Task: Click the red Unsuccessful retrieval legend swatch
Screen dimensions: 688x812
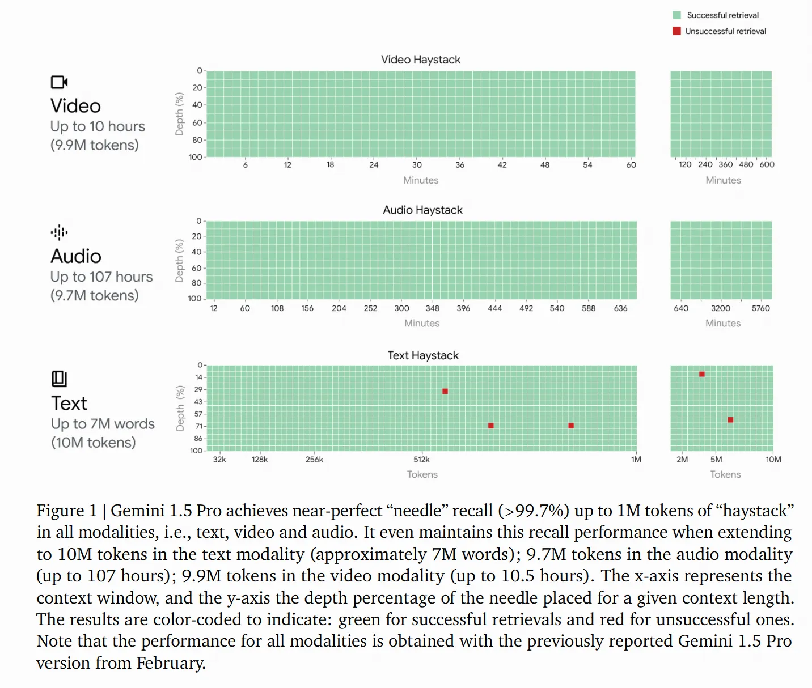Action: (676, 31)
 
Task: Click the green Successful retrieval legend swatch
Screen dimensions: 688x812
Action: (676, 15)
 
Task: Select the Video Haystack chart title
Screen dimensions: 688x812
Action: (421, 60)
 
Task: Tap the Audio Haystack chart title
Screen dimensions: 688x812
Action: (422, 210)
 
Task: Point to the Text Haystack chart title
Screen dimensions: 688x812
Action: (423, 355)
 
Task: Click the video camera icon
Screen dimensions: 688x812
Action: (59, 82)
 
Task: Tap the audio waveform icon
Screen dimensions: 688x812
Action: (59, 232)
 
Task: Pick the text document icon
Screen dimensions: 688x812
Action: (59, 379)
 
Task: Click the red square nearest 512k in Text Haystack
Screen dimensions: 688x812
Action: (445, 392)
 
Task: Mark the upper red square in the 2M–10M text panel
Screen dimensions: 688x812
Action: (702, 374)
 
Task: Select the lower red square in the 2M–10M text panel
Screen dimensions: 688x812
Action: (730, 420)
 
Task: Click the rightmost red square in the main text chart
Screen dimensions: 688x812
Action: (571, 426)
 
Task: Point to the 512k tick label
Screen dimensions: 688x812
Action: (421, 460)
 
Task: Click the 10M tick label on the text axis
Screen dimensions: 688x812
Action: (773, 460)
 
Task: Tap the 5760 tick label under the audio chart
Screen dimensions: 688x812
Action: (761, 308)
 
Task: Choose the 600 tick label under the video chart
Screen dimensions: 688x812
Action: (767, 164)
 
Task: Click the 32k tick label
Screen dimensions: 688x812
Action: (219, 460)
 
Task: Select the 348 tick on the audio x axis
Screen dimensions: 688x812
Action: (433, 308)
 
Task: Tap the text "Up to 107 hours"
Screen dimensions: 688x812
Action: (102, 277)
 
